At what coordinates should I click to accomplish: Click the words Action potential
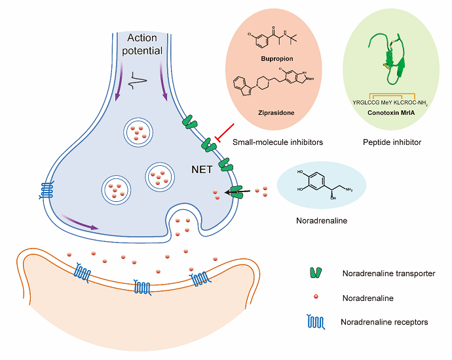tap(143, 45)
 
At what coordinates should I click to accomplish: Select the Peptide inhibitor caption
tap(392, 142)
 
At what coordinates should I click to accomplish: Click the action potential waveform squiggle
tap(140, 82)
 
